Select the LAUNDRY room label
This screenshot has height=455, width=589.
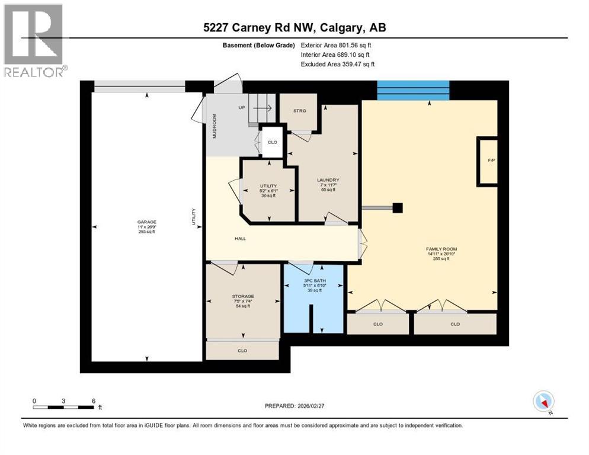point(328,180)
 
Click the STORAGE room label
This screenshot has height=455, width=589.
point(243,296)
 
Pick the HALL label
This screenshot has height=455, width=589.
point(239,239)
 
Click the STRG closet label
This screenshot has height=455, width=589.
point(300,111)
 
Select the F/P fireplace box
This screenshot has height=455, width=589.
point(491,161)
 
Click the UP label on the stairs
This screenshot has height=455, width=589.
point(241,108)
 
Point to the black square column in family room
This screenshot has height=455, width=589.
point(398,208)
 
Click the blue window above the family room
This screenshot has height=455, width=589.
point(413,90)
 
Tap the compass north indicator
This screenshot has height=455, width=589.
point(543,402)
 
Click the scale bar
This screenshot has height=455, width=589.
point(64,407)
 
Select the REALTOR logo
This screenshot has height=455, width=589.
point(34,40)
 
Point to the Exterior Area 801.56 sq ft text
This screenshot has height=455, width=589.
point(335,45)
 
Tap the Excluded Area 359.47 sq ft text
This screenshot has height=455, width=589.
point(337,64)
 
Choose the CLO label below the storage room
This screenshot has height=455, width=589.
point(242,351)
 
